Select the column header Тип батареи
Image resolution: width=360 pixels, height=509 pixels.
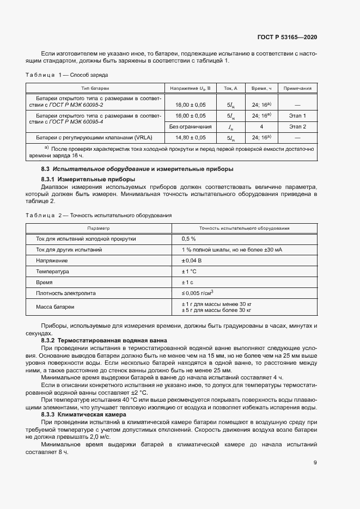[95, 88]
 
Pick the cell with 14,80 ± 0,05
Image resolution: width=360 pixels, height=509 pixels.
[190, 138]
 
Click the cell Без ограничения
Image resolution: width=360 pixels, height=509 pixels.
[190, 126]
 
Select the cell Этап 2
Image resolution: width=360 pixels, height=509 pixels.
[297, 126]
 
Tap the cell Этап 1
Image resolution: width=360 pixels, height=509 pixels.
[297, 115]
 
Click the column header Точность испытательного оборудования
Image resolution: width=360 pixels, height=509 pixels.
[244, 229]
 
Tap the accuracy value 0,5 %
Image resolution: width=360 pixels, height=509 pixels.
[188, 239]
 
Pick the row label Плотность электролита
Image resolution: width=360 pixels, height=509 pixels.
[65, 293]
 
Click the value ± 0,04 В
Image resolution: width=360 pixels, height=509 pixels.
[192, 261]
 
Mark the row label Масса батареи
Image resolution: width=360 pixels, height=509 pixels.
[55, 307]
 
